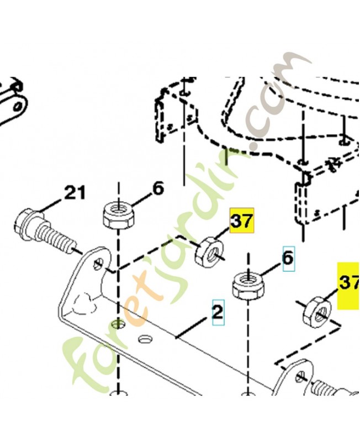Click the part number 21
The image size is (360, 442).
click(75, 193)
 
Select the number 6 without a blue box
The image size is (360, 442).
click(158, 188)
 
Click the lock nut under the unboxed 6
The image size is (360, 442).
click(118, 215)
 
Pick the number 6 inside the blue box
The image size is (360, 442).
click(288, 259)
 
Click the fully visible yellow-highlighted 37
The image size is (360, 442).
click(242, 220)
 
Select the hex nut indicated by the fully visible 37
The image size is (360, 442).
click(209, 252)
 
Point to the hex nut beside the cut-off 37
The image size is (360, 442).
click(317, 313)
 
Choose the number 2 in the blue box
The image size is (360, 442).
click(218, 312)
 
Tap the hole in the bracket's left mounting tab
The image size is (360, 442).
click(100, 264)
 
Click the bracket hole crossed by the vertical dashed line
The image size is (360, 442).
click(119, 324)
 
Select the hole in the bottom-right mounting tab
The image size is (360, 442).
click(301, 377)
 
